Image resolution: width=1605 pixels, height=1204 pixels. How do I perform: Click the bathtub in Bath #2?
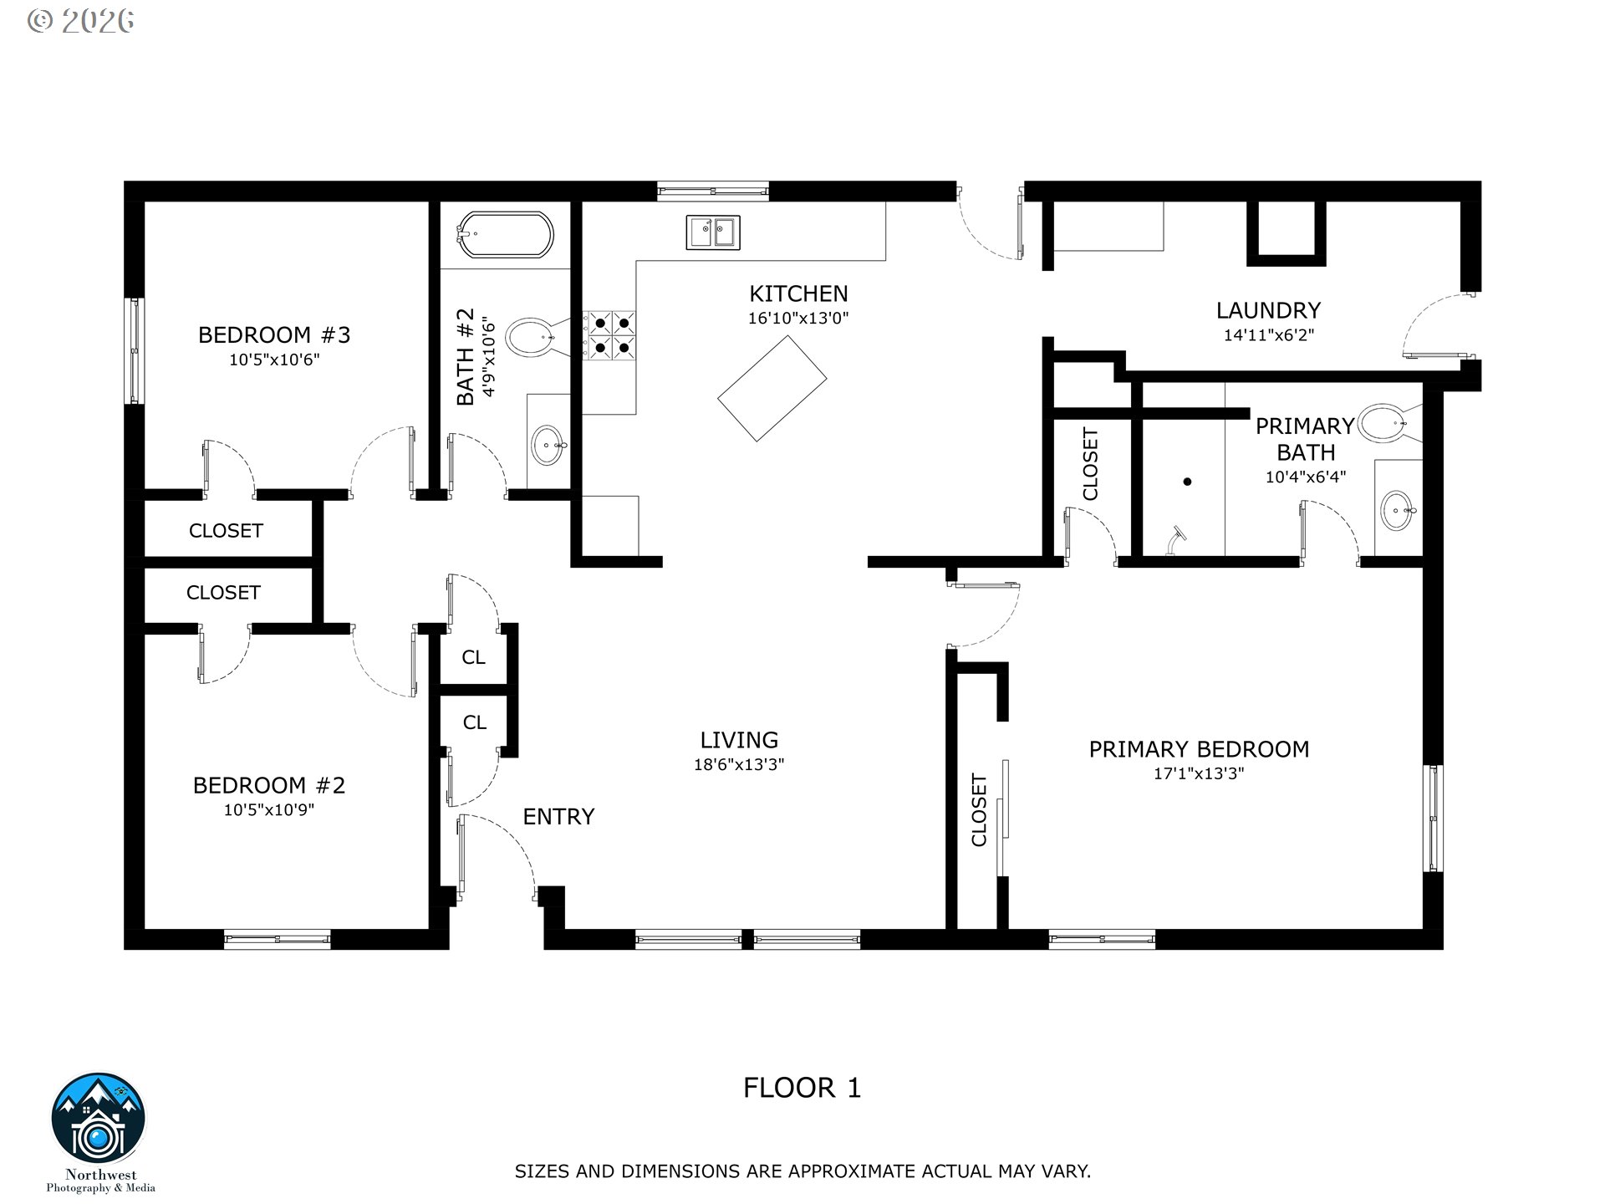click(505, 236)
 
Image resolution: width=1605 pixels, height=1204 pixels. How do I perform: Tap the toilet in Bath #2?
click(532, 338)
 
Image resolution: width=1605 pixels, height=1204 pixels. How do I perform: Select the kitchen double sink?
click(713, 232)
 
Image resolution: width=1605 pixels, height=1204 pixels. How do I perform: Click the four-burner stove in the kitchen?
click(610, 335)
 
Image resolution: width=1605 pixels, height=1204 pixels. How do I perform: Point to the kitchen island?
click(772, 388)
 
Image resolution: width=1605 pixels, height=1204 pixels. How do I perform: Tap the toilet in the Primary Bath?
click(1389, 423)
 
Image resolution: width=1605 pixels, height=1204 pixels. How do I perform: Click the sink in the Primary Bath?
click(1398, 510)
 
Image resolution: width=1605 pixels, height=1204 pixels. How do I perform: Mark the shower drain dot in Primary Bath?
click(1187, 482)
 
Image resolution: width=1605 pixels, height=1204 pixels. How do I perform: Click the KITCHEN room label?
click(798, 293)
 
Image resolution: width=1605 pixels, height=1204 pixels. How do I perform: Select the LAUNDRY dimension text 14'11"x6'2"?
click(1269, 335)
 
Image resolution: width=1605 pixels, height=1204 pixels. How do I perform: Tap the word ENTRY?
click(558, 816)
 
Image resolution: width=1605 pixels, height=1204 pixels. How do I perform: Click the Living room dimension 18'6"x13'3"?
click(739, 764)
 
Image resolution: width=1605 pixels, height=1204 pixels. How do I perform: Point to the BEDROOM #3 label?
click(274, 335)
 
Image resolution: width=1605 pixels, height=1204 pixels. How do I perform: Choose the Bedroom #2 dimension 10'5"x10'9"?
click(269, 809)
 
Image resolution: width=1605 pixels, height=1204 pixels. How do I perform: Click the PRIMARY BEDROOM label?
click(1199, 749)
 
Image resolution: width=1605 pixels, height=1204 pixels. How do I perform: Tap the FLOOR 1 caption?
click(802, 1088)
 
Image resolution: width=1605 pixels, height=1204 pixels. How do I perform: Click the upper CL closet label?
click(473, 657)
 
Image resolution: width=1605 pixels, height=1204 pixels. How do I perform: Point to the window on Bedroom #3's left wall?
click(134, 351)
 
